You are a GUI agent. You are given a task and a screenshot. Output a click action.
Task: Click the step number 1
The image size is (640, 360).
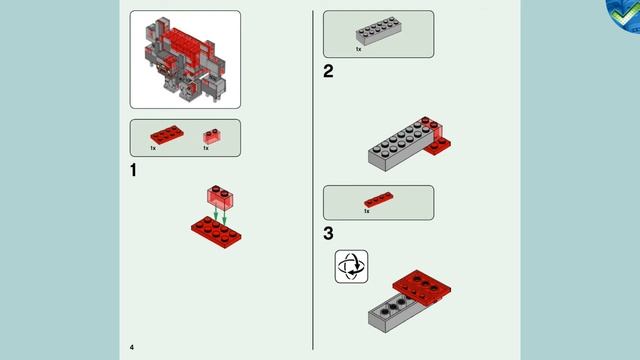[x=134, y=171]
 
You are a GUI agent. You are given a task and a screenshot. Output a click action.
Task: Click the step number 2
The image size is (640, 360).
[x=328, y=71]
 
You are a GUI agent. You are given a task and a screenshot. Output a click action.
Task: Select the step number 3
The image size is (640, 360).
[x=328, y=234]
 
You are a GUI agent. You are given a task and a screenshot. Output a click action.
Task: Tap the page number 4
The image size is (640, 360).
[x=131, y=346]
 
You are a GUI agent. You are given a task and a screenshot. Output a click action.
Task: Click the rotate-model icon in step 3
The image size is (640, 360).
[x=351, y=266]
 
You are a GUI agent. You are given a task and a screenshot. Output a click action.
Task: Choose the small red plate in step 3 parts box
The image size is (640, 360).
[x=378, y=200]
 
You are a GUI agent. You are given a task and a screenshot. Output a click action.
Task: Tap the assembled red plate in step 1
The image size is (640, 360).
[x=216, y=230]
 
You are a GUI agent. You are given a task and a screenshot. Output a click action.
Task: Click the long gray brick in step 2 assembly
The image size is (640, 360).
[x=400, y=144]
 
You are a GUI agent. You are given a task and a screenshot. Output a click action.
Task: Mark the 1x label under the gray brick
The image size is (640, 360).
[x=359, y=47]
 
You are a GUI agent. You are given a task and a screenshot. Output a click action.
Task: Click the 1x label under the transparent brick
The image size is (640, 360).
[x=205, y=148]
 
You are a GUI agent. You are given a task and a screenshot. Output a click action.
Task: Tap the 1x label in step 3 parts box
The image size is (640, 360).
[x=367, y=211]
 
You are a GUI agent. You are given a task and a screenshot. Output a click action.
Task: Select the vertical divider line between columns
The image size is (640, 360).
[x=312, y=180]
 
